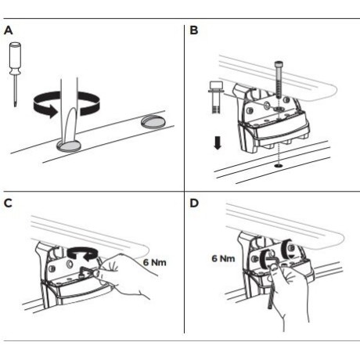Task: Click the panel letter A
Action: (9, 31)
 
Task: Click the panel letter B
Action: (194, 31)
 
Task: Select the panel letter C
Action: (8, 203)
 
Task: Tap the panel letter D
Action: (194, 203)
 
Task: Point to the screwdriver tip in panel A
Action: (16, 104)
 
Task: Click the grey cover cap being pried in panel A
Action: (69, 146)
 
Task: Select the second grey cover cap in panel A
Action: (153, 122)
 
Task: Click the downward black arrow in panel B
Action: (218, 143)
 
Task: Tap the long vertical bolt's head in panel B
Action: (279, 64)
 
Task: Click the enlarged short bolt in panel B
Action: (215, 97)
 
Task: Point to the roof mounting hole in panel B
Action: (279, 166)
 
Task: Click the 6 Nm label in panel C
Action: (155, 262)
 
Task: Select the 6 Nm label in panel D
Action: (223, 258)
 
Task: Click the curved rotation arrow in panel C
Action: (82, 254)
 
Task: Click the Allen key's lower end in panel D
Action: (270, 308)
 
